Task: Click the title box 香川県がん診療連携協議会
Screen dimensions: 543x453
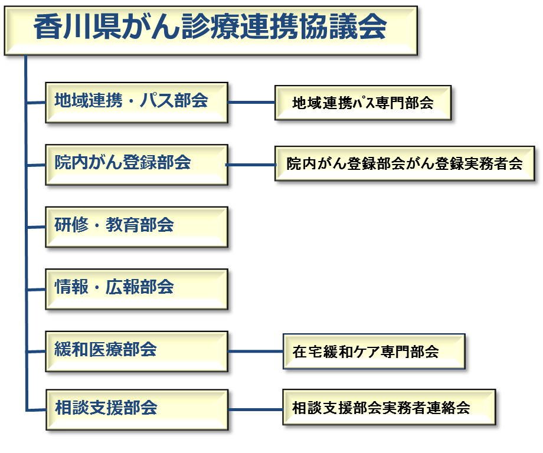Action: pyautogui.click(x=211, y=31)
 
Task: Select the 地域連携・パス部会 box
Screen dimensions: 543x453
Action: pyautogui.click(x=136, y=103)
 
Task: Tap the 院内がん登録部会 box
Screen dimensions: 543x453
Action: pyautogui.click(x=136, y=165)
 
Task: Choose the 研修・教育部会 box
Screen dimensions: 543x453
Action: pyautogui.click(x=136, y=227)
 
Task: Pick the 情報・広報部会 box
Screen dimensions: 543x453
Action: pyautogui.click(x=136, y=289)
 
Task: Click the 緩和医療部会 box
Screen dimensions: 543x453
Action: pyautogui.click(x=136, y=352)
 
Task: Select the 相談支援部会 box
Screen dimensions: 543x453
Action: pyautogui.click(x=137, y=410)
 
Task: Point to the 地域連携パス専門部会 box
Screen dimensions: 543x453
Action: pyautogui.click(x=363, y=103)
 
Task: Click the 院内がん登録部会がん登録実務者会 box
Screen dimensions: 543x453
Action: pyautogui.click(x=404, y=163)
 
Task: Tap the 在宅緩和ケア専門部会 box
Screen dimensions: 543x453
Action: pyautogui.click(x=374, y=352)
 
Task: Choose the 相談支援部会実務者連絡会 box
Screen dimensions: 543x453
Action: pyautogui.click(x=389, y=407)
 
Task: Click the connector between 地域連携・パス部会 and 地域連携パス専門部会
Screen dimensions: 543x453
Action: pyautogui.click(x=251, y=103)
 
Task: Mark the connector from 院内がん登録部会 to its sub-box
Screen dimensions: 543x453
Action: pyautogui.click(x=251, y=165)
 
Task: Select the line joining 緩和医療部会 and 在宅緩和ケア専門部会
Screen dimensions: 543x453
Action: pyautogui.click(x=256, y=352)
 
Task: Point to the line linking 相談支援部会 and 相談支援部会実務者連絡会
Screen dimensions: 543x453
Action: pyautogui.click(x=256, y=410)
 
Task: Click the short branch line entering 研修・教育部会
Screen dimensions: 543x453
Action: pyautogui.click(x=36, y=227)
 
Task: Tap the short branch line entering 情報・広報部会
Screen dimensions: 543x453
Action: pyautogui.click(x=36, y=290)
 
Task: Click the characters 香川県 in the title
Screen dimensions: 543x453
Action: pyautogui.click(x=77, y=27)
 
